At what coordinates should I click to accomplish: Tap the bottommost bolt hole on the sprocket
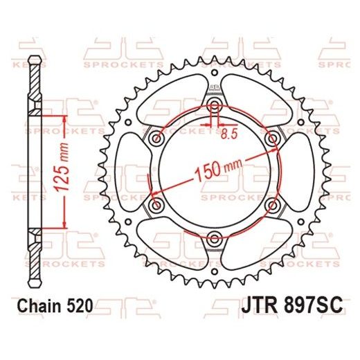point(214,240)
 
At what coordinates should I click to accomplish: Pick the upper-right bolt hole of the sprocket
point(272,138)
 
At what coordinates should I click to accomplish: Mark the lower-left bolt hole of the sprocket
point(156,206)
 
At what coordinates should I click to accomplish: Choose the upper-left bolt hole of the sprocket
point(156,138)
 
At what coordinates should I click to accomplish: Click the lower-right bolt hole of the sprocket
point(272,206)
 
